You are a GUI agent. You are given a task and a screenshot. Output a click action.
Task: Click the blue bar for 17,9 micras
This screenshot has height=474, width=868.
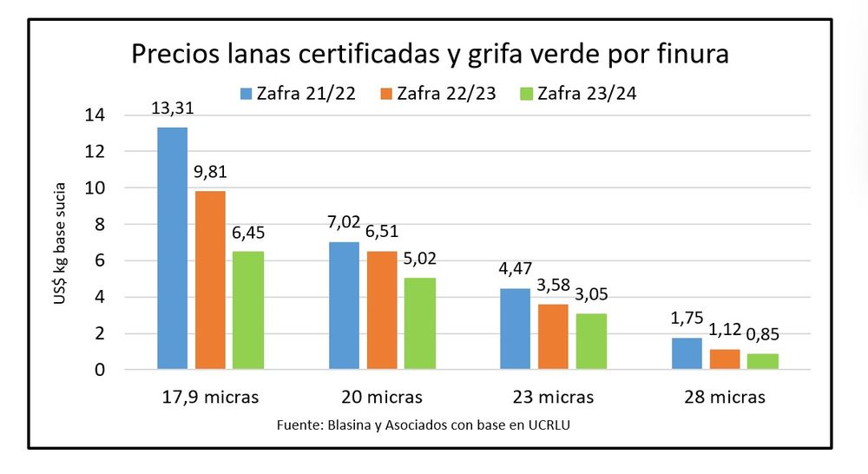point(172,248)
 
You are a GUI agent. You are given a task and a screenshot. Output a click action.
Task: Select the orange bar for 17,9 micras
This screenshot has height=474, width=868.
point(210,280)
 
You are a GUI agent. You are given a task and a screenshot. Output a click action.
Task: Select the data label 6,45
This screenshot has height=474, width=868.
point(249,232)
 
